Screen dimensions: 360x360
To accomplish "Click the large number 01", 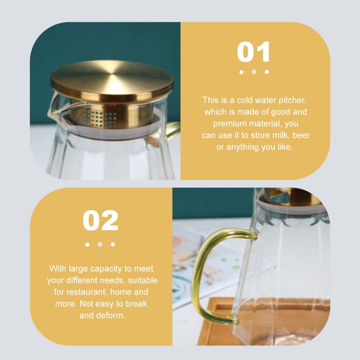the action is point(253,52).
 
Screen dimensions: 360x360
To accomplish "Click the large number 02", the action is point(100,220).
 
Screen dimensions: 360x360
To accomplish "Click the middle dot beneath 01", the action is point(254,72).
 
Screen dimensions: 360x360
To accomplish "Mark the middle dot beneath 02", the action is point(100,244).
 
